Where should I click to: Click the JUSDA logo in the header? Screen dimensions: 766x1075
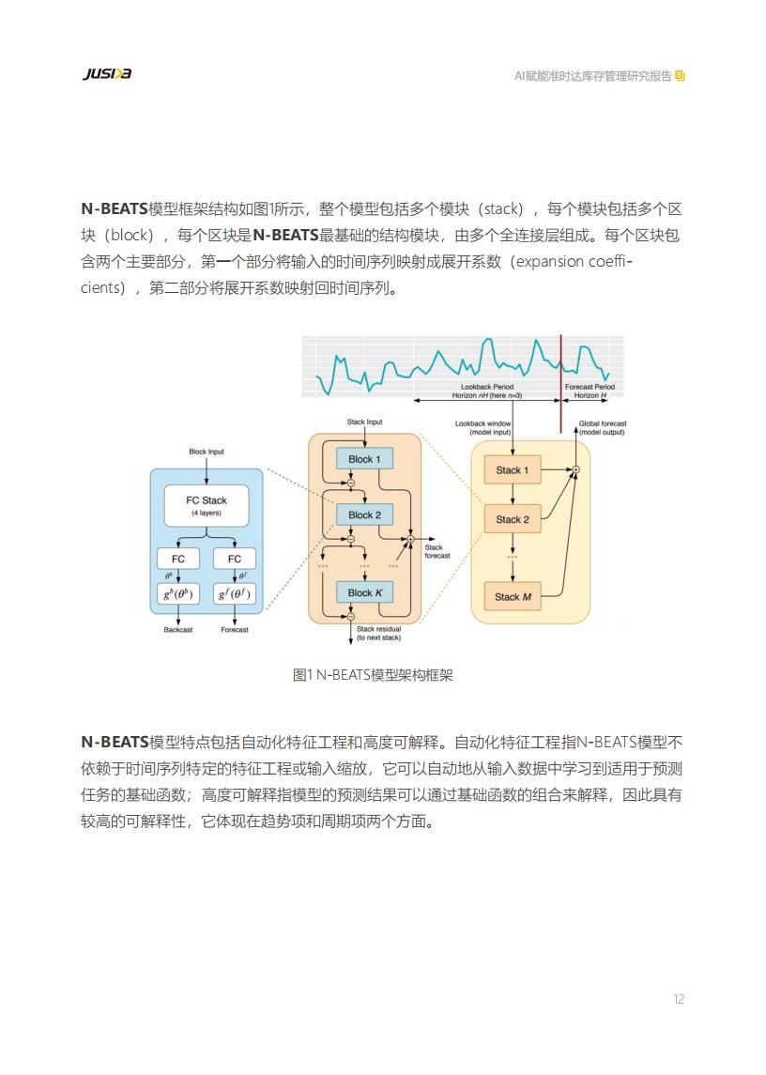[x=107, y=73]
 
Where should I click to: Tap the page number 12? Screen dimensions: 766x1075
[x=678, y=999]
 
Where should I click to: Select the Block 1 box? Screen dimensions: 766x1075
[x=364, y=459]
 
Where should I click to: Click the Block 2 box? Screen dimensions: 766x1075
[x=364, y=514]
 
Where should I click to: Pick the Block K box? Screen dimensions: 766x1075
[x=364, y=592]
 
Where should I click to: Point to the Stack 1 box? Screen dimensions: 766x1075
[x=513, y=470]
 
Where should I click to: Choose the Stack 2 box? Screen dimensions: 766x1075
[x=513, y=520]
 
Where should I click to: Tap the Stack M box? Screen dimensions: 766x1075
[x=513, y=596]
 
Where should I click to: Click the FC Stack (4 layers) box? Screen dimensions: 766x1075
[x=207, y=506]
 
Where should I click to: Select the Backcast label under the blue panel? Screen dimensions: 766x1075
[x=178, y=629]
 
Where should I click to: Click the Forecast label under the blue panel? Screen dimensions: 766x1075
[x=235, y=629]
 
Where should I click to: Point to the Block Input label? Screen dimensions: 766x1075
[x=207, y=452]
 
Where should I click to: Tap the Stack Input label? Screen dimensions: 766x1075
[x=365, y=422]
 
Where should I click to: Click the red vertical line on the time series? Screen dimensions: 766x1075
[x=561, y=384]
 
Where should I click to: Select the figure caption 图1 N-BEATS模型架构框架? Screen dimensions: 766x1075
[x=373, y=675]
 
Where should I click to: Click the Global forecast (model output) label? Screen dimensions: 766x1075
[x=602, y=428]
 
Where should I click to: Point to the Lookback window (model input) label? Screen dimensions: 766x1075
[x=483, y=428]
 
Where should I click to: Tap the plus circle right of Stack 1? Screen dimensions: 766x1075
[x=576, y=469]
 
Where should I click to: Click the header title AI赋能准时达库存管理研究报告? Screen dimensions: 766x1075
[x=593, y=76]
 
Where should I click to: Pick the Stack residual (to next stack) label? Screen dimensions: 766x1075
[x=378, y=633]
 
